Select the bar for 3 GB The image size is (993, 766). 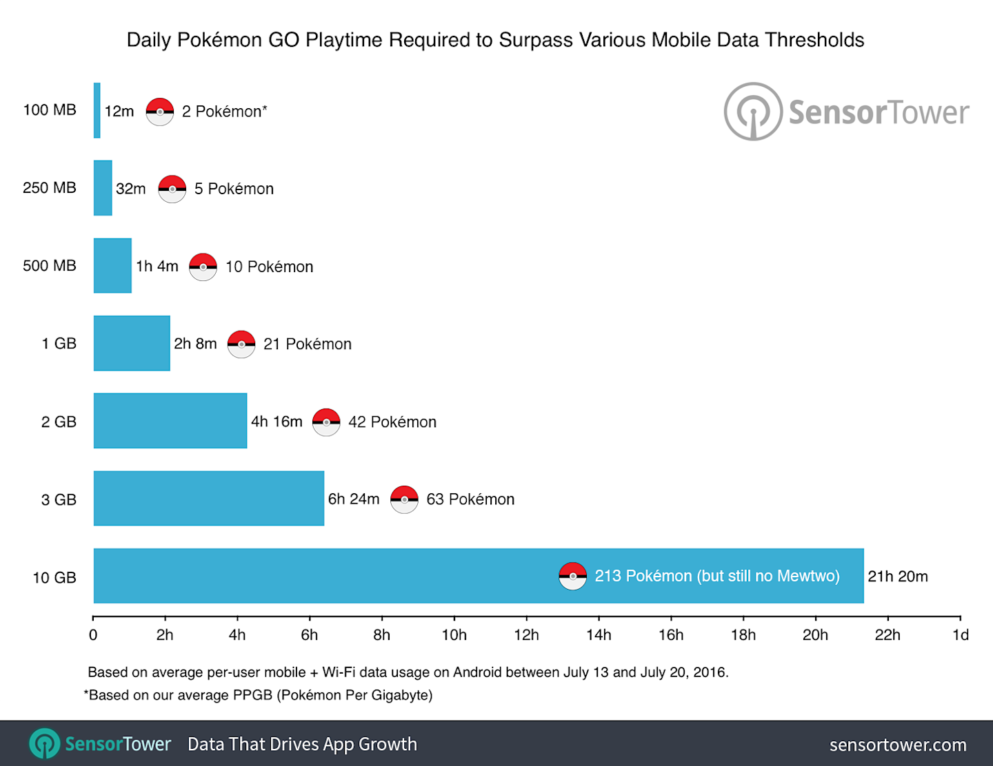tap(209, 498)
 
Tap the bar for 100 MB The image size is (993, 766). tap(97, 110)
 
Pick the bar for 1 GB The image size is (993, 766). tap(132, 343)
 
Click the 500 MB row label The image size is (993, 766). tap(50, 266)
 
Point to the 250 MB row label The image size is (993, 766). tap(50, 188)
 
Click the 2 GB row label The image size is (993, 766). tap(59, 422)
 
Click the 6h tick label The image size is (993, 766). tap(310, 634)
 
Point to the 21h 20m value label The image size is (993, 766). tap(898, 577)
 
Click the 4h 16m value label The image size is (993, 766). tap(277, 422)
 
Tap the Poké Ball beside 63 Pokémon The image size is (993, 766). tap(404, 499)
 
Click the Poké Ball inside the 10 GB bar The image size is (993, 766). tap(572, 576)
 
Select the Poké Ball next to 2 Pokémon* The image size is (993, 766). tap(160, 112)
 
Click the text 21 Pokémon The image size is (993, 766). tap(308, 344)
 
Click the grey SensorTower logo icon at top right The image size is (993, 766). tap(753, 112)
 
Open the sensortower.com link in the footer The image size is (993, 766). tap(898, 745)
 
